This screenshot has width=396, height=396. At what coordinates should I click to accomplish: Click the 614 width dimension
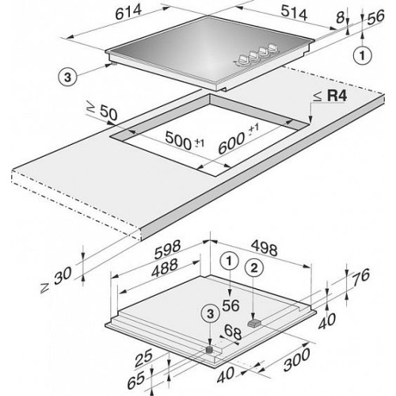point(128,13)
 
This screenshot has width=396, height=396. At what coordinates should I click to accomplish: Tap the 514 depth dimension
point(294,13)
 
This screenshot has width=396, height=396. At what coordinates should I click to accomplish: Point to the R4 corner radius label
point(330,96)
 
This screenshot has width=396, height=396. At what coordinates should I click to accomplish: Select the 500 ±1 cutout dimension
point(185,141)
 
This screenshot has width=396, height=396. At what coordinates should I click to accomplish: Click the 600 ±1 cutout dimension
point(238,139)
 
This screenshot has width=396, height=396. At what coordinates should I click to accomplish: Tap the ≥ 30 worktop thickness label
point(56,280)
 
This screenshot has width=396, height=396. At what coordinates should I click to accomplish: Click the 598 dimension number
point(168,249)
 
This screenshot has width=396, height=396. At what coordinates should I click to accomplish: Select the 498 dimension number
point(264,249)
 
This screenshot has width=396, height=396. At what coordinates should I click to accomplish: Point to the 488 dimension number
point(165,268)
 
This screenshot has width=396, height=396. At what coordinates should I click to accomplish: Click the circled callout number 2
point(254,268)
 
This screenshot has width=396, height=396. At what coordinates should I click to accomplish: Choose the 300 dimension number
point(297,360)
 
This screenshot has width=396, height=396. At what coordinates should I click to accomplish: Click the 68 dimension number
point(233,333)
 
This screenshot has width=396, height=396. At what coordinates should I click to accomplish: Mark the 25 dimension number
point(143,358)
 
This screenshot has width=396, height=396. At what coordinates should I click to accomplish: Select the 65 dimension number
point(136,380)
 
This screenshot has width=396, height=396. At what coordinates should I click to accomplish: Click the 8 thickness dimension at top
point(341,17)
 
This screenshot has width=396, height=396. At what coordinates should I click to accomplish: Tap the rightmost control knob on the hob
point(273,48)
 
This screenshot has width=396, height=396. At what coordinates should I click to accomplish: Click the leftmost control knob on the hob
point(243,59)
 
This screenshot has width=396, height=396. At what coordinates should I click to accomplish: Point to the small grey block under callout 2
point(255,323)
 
